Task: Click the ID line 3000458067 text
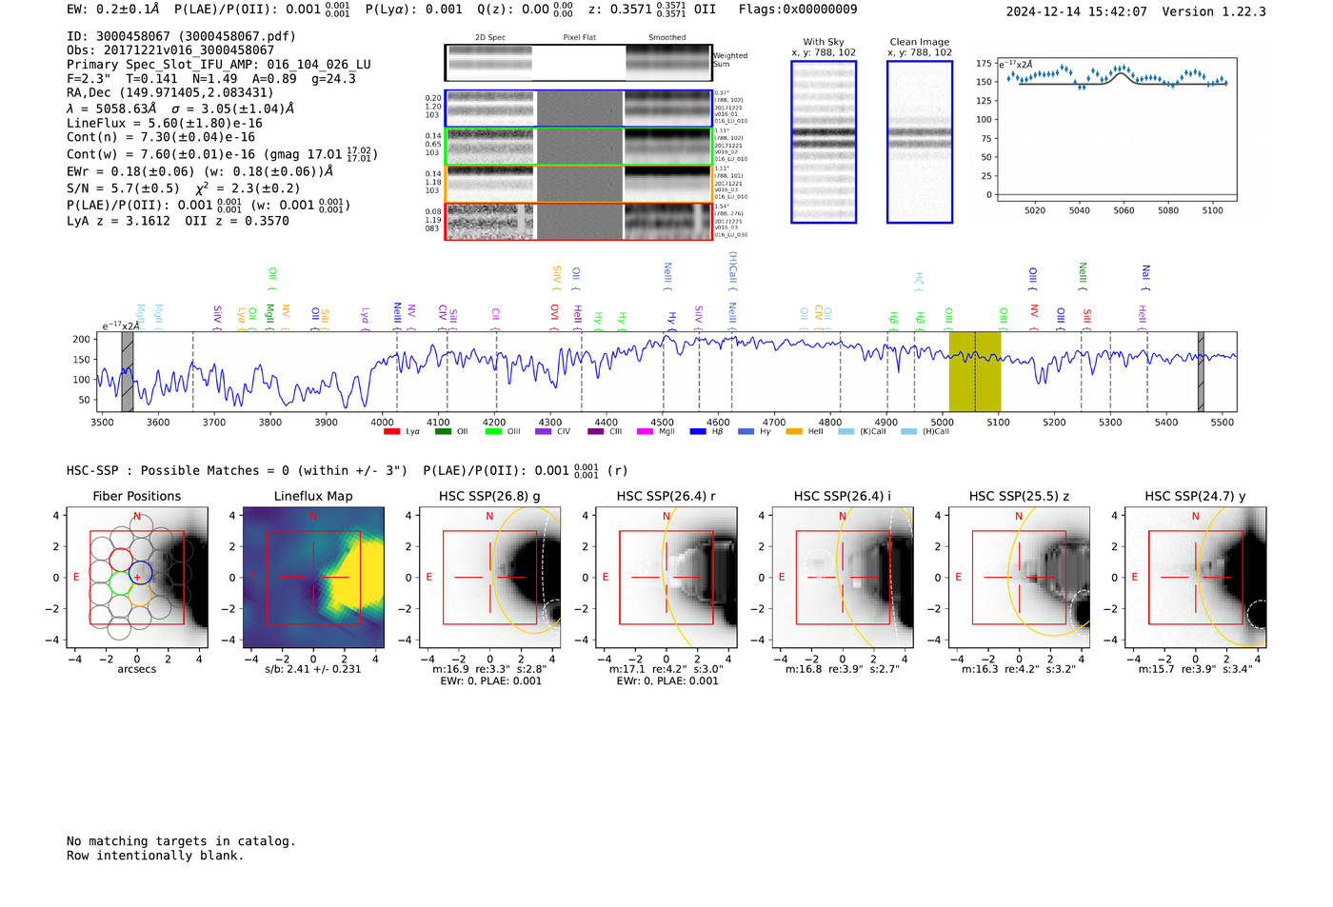point(181,36)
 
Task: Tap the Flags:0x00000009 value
point(798,10)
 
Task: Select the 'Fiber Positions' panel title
point(136,496)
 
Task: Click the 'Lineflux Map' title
point(313,496)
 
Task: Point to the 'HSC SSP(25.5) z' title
point(1019,496)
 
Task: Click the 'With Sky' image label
point(824,42)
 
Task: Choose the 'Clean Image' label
point(919,42)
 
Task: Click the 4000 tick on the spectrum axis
point(382,422)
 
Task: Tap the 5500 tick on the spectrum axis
point(1223,422)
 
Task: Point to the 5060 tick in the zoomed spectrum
point(1124,210)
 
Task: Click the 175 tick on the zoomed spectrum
point(984,64)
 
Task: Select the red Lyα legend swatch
point(391,432)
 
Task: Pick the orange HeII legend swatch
point(794,432)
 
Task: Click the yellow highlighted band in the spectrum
point(974,371)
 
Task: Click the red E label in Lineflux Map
point(252,577)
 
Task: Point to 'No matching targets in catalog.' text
point(181,841)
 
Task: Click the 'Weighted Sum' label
point(729,60)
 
